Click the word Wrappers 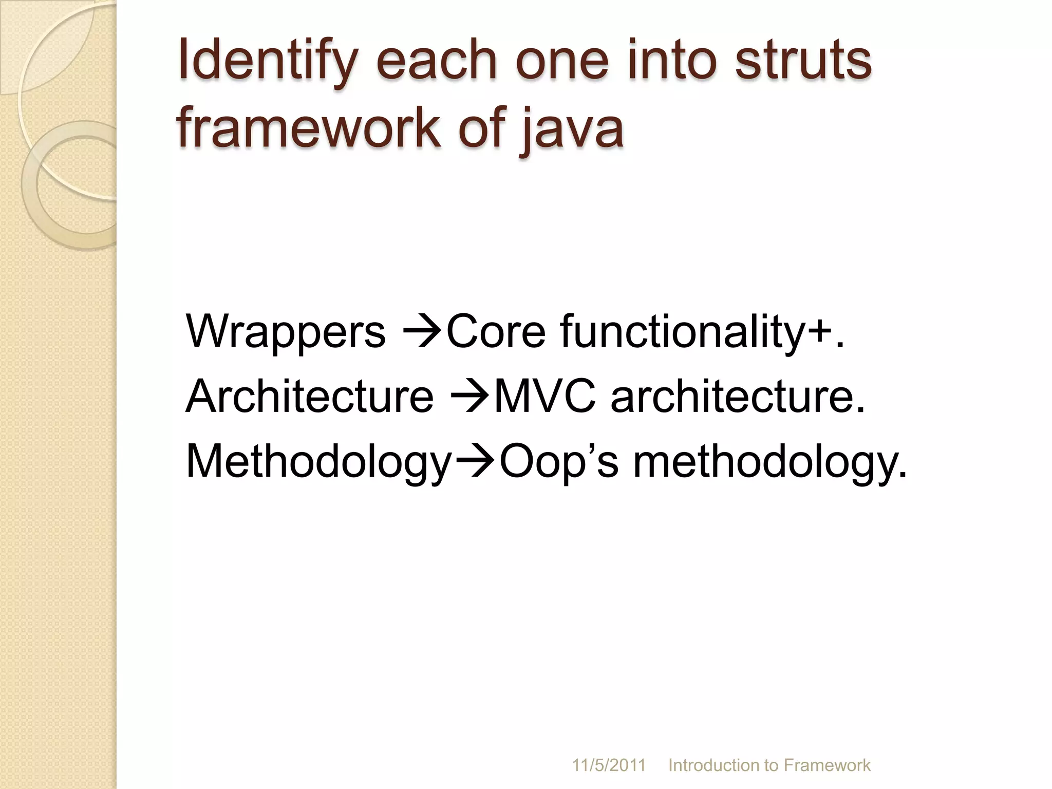click(286, 331)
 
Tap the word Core click(496, 331)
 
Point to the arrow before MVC click(470, 397)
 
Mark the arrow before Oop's click(475, 462)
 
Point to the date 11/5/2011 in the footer click(609, 765)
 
